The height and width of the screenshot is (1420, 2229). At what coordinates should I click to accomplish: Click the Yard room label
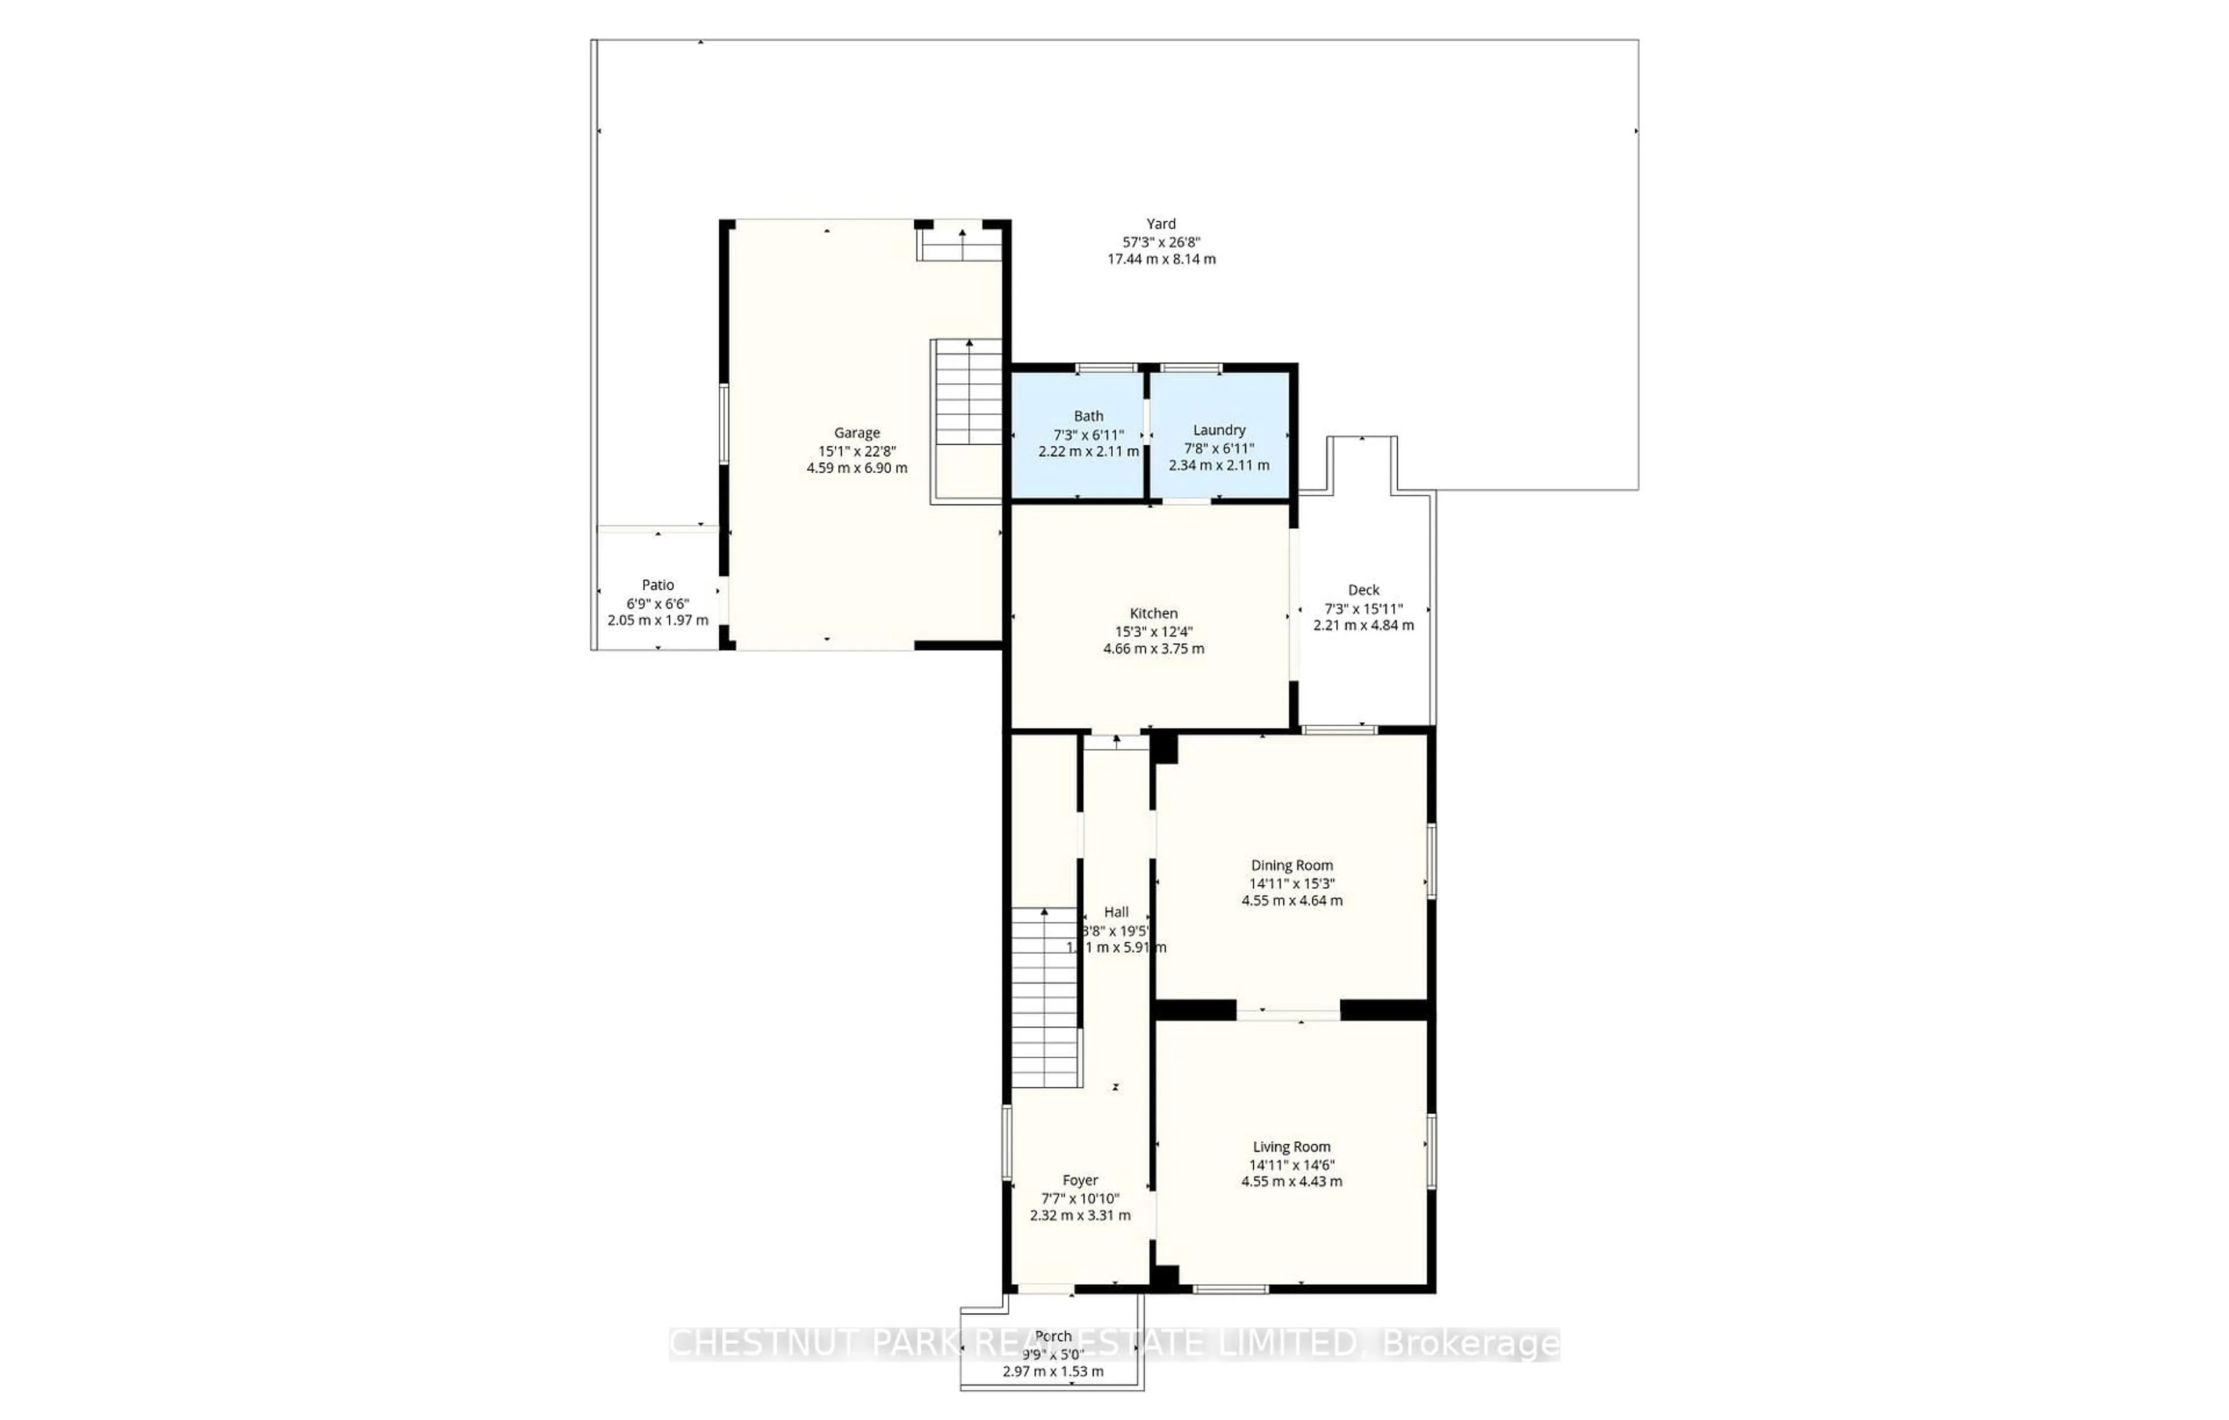[1161, 224]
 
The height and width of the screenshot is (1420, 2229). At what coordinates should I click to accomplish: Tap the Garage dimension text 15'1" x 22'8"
[856, 451]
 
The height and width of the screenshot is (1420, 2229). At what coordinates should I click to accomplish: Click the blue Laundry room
[1219, 435]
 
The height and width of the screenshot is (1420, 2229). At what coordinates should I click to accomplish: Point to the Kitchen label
[1153, 613]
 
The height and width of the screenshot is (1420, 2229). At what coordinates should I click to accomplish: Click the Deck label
[1364, 590]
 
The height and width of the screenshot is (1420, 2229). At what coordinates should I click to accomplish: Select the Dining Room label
[1292, 866]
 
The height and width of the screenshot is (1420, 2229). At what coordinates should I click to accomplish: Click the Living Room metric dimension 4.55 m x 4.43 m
[1292, 1181]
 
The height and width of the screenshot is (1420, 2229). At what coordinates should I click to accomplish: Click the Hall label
[1116, 912]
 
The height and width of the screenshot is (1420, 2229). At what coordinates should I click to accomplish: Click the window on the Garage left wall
[724, 424]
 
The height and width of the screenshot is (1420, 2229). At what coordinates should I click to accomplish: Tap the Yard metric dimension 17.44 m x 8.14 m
[1161, 259]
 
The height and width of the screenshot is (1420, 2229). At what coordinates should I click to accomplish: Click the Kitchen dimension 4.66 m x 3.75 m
[1153, 649]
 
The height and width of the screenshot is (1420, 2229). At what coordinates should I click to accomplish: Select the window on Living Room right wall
[1431, 1151]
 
